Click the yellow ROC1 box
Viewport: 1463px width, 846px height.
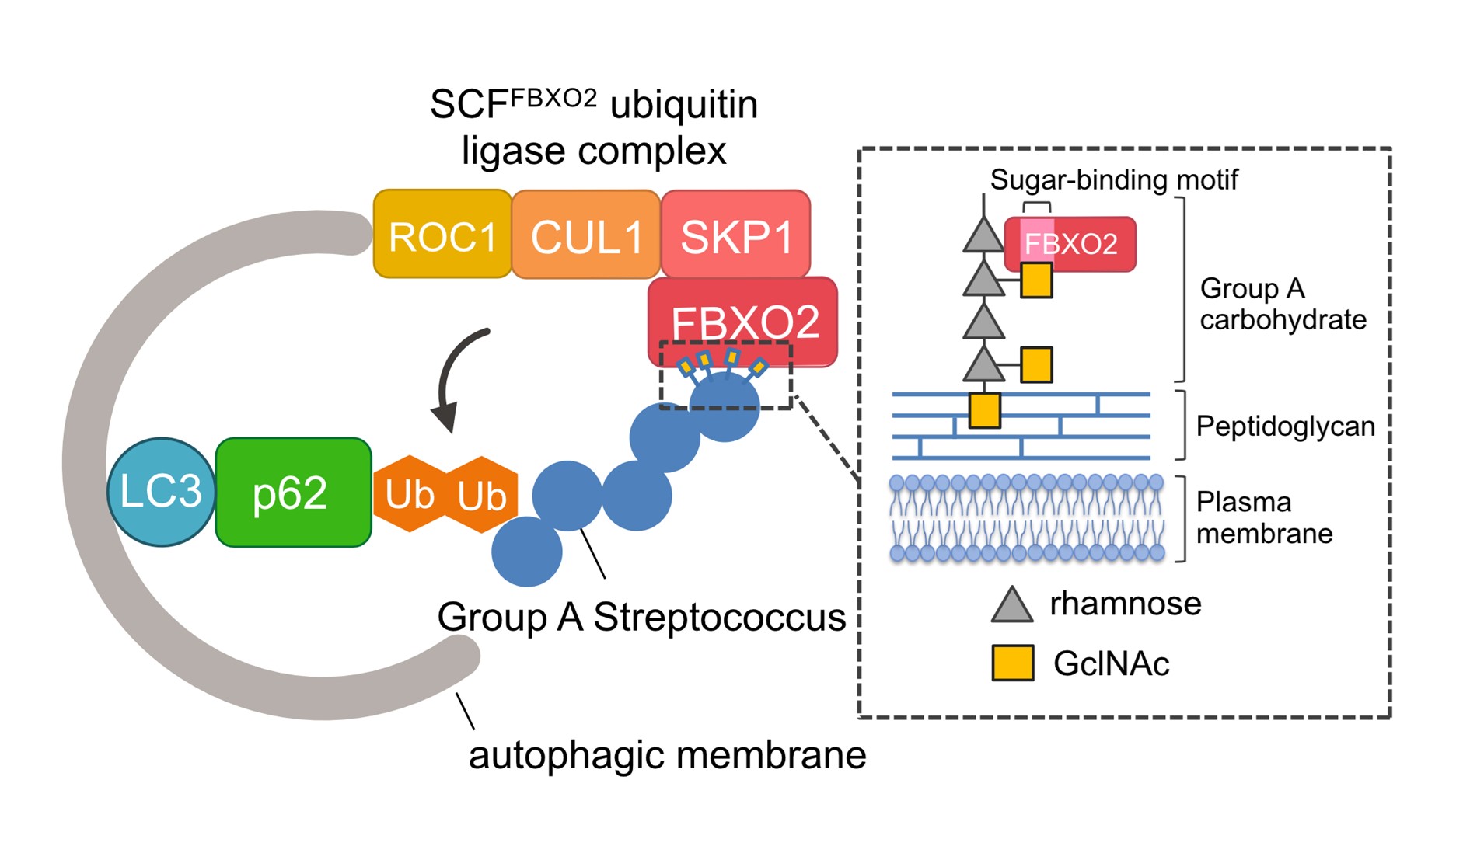[442, 235]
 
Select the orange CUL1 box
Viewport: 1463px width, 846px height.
[586, 235]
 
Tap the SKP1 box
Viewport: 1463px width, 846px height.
[735, 235]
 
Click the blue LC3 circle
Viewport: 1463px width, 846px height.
[161, 492]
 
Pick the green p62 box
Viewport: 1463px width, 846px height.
[293, 493]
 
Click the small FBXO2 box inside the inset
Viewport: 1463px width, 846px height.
[1070, 244]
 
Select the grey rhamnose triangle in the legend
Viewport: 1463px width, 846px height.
[1012, 604]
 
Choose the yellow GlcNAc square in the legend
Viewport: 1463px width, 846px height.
[1012, 663]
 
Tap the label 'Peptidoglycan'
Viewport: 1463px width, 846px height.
[1285, 426]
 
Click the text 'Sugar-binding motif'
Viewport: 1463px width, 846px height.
[1113, 179]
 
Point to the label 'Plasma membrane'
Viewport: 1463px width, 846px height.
[1263, 518]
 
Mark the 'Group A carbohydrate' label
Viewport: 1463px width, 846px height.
[1283, 304]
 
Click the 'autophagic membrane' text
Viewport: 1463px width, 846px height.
[667, 755]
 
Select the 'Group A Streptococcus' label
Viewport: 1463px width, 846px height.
[641, 618]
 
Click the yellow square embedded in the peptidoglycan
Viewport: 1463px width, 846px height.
[984, 410]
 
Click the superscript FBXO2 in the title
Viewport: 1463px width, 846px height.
[553, 98]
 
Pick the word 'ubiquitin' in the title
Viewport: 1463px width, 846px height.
[684, 106]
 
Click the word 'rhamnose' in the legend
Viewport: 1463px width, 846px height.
[1125, 604]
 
